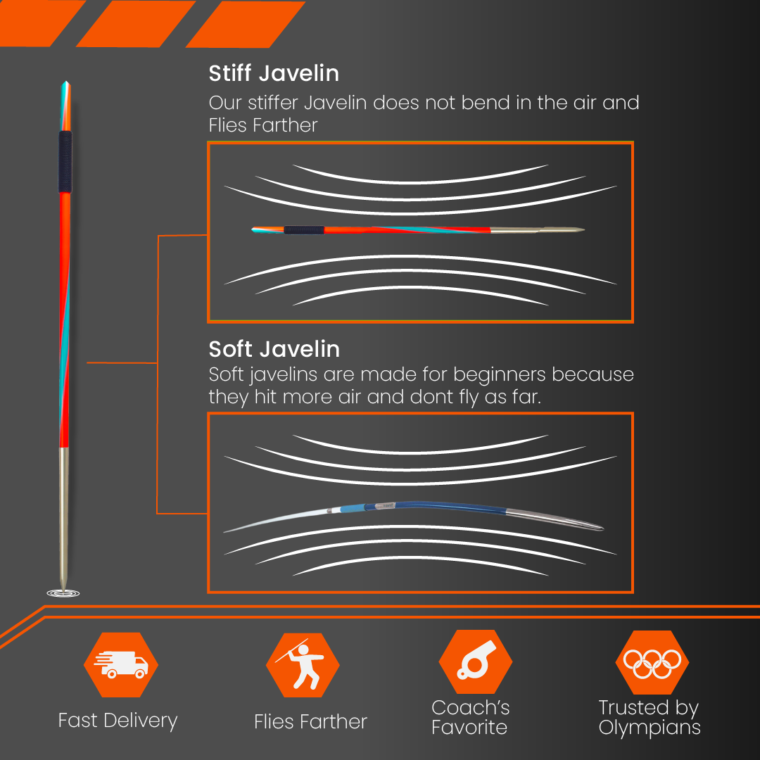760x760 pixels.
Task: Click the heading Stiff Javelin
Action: pyautogui.click(x=274, y=73)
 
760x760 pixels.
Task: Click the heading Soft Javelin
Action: pyautogui.click(x=274, y=349)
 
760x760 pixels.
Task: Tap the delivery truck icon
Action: pyautogui.click(x=121, y=664)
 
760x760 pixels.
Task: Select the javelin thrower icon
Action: pyautogui.click(x=303, y=664)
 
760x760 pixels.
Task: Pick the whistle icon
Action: pyautogui.click(x=476, y=660)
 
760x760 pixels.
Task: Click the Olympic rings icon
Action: pyautogui.click(x=652, y=663)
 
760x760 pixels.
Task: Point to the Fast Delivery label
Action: pyautogui.click(x=118, y=721)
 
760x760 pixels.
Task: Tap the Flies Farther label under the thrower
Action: pyautogui.click(x=311, y=722)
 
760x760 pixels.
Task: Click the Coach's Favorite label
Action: pyautogui.click(x=470, y=717)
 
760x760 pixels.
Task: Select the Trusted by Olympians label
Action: pyautogui.click(x=650, y=717)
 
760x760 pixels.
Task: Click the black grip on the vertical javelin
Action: pyautogui.click(x=65, y=162)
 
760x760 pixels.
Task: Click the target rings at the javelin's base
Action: pyautogui.click(x=63, y=593)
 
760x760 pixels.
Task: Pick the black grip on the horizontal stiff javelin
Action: pyautogui.click(x=304, y=229)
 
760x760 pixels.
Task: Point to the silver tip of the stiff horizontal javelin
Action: pyautogui.click(x=538, y=229)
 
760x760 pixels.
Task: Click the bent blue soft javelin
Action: pyautogui.click(x=414, y=515)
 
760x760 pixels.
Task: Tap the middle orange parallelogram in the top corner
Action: pyautogui.click(x=136, y=23)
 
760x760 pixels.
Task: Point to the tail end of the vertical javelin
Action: pyautogui.click(x=66, y=82)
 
